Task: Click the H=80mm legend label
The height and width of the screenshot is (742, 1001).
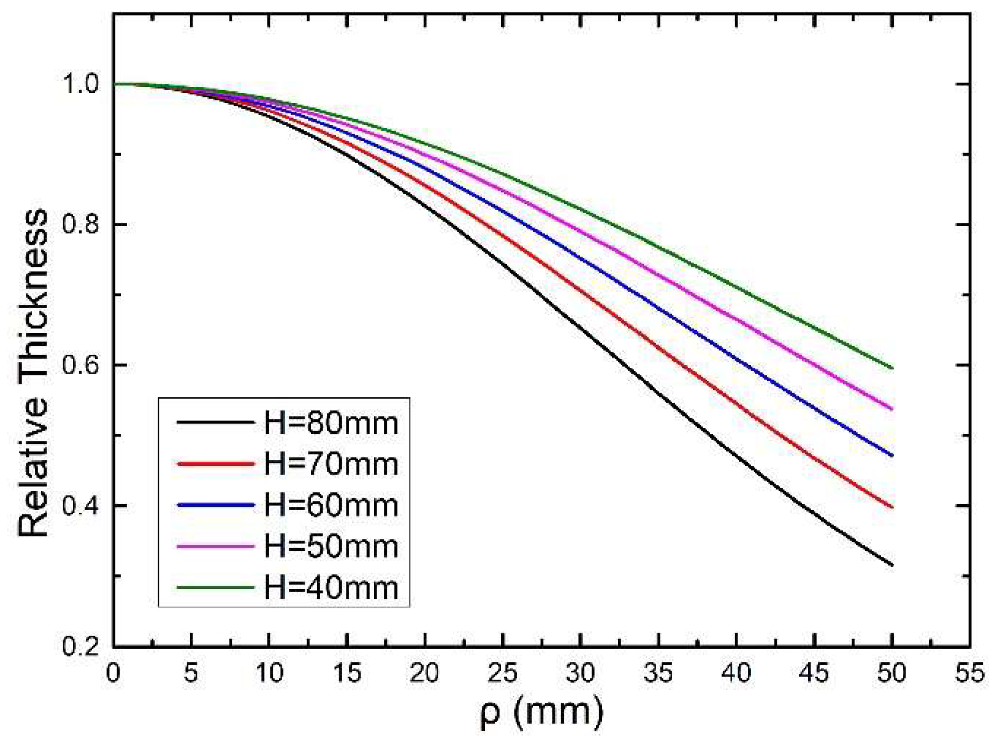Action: [331, 424]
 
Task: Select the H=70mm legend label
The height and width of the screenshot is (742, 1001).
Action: [331, 464]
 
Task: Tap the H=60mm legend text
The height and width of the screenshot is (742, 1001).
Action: [331, 505]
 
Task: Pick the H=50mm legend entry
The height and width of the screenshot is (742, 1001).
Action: [331, 547]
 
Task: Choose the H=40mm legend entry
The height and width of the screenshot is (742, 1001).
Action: [331, 588]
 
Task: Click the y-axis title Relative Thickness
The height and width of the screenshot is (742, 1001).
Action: [33, 373]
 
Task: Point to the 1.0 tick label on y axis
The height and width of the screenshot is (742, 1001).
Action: [81, 84]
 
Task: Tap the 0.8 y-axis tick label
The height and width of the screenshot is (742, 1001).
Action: [81, 225]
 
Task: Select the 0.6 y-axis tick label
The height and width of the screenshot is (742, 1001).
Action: [81, 366]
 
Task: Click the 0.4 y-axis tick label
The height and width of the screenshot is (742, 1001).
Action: [81, 506]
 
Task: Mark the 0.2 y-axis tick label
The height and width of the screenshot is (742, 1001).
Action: [81, 646]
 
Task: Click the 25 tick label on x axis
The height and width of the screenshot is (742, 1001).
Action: [503, 673]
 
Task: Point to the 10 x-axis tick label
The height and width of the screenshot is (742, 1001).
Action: [269, 673]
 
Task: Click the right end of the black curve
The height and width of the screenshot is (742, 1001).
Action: [892, 565]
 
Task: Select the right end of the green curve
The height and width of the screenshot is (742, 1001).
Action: [892, 368]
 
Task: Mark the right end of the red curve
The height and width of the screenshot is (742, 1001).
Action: [892, 507]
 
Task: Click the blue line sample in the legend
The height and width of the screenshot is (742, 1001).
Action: [215, 505]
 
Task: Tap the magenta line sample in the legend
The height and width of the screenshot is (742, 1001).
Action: [215, 547]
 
